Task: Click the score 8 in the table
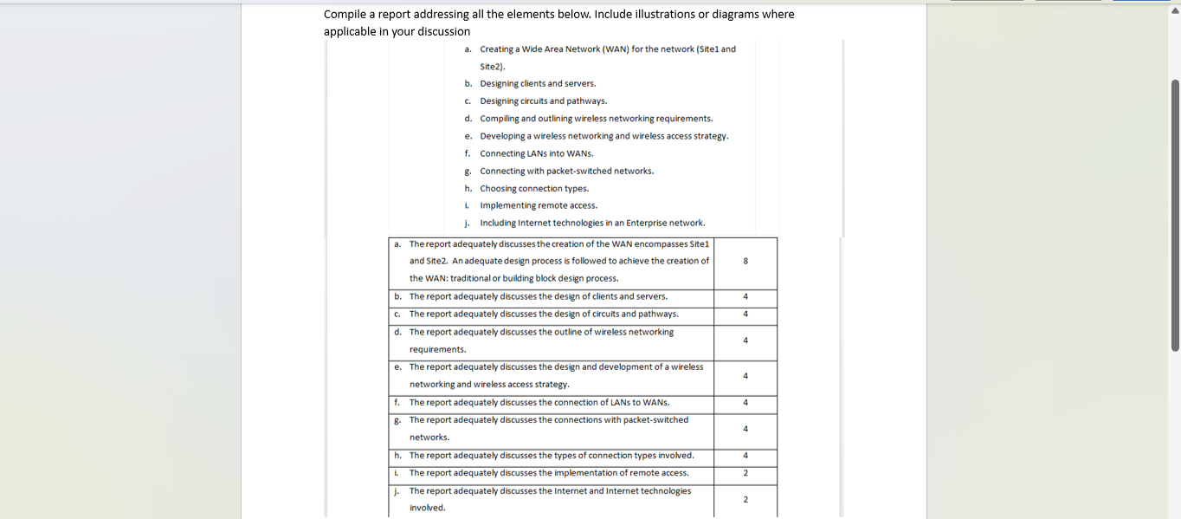point(745,261)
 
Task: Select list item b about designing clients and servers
point(538,84)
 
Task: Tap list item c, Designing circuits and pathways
point(543,101)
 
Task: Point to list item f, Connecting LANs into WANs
point(537,153)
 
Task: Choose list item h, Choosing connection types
point(534,188)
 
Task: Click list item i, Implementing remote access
point(539,205)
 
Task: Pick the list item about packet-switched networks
point(566,171)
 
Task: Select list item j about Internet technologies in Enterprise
point(592,223)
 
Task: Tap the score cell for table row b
point(745,296)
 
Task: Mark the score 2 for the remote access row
point(745,473)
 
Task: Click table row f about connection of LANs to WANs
point(539,402)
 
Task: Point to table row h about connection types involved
point(551,455)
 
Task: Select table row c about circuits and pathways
point(544,314)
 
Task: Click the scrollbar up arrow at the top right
point(1175,11)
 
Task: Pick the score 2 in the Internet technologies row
point(745,499)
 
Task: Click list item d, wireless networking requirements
point(597,119)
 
